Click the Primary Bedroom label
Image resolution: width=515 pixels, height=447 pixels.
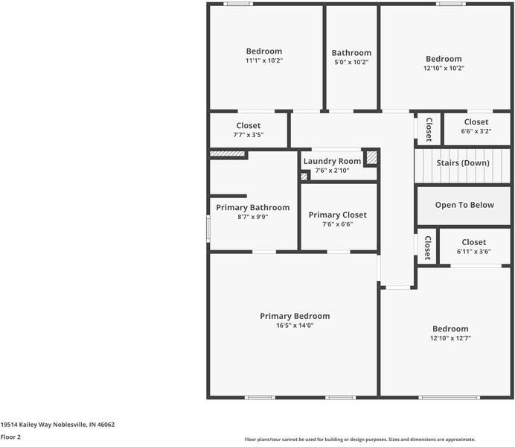pyautogui.click(x=295, y=316)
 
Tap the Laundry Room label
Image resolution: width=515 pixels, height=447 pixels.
pyautogui.click(x=332, y=162)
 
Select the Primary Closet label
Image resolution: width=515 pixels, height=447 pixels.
pyautogui.click(x=338, y=215)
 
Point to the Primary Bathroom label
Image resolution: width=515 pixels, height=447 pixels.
pyautogui.click(x=253, y=208)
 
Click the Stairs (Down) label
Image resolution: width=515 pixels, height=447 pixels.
pyautogui.click(x=463, y=163)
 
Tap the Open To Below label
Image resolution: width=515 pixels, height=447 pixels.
pyautogui.click(x=464, y=205)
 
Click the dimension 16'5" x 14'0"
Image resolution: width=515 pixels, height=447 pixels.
pyautogui.click(x=295, y=326)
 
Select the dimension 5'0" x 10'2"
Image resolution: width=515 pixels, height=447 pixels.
pyautogui.click(x=351, y=62)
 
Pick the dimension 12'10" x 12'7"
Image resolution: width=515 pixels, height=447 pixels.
pyautogui.click(x=450, y=338)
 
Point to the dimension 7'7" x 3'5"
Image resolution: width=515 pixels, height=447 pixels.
pyautogui.click(x=249, y=135)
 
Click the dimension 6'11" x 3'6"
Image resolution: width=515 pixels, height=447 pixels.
pyautogui.click(x=473, y=252)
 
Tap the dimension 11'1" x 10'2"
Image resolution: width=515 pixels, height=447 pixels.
pyautogui.click(x=264, y=60)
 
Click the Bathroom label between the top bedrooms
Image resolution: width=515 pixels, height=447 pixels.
pyautogui.click(x=351, y=53)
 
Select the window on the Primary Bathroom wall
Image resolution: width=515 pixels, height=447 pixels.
pyautogui.click(x=208, y=229)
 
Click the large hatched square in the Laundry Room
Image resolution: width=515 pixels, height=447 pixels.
pyautogui.click(x=372, y=157)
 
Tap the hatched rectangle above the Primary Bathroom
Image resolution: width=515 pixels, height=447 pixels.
pyautogui.click(x=227, y=153)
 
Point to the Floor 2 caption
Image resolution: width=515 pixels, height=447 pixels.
pyautogui.click(x=10, y=437)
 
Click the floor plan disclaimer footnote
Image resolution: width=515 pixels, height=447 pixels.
pyautogui.click(x=360, y=440)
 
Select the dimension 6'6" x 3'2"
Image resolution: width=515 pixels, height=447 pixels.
pyautogui.click(x=476, y=131)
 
